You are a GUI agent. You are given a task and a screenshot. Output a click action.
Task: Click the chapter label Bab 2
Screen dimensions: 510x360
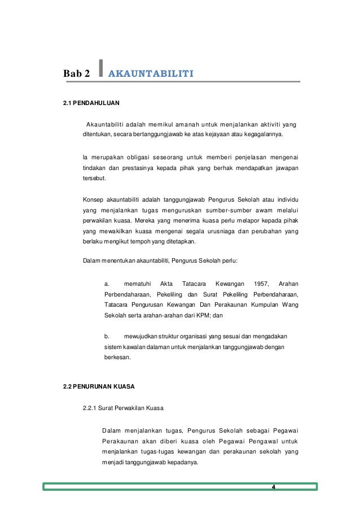pyautogui.click(x=76, y=73)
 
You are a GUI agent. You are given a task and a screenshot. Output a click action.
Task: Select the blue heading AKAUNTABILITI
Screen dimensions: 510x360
pyautogui.click(x=151, y=73)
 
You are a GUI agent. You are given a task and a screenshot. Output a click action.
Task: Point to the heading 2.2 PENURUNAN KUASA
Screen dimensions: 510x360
pyautogui.click(x=98, y=389)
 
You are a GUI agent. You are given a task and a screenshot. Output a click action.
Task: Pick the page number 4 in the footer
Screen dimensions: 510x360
pyautogui.click(x=273, y=487)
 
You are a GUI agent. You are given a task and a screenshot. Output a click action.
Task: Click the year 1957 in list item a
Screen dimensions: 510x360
pyautogui.click(x=261, y=284)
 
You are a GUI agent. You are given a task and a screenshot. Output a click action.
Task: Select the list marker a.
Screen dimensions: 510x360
pyautogui.click(x=107, y=284)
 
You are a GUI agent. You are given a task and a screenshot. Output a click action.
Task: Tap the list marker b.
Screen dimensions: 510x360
pyautogui.click(x=107, y=337)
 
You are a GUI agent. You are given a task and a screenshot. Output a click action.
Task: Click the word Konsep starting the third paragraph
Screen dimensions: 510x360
pyautogui.click(x=94, y=199)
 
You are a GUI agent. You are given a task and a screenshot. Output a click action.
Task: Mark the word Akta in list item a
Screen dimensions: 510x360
pyautogui.click(x=166, y=284)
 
